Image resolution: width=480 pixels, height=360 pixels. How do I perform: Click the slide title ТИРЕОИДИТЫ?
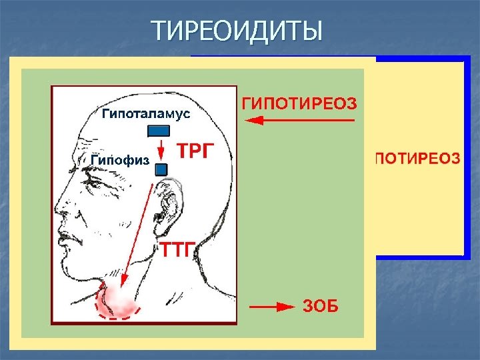coord(237,31)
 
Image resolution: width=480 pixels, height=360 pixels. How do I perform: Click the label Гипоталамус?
coord(146,114)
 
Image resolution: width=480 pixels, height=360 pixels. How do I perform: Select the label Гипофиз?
coord(119,160)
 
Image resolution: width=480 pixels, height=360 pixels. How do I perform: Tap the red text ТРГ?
coord(196,152)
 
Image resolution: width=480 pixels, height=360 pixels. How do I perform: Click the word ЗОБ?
coord(321,307)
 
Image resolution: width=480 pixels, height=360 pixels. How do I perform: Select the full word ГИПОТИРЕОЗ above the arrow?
coord(299,103)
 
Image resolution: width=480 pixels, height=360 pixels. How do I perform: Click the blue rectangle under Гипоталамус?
coord(158,131)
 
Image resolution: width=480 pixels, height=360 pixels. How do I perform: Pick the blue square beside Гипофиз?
coord(161,170)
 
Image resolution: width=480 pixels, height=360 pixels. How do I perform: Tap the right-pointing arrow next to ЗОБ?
coord(271,307)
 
